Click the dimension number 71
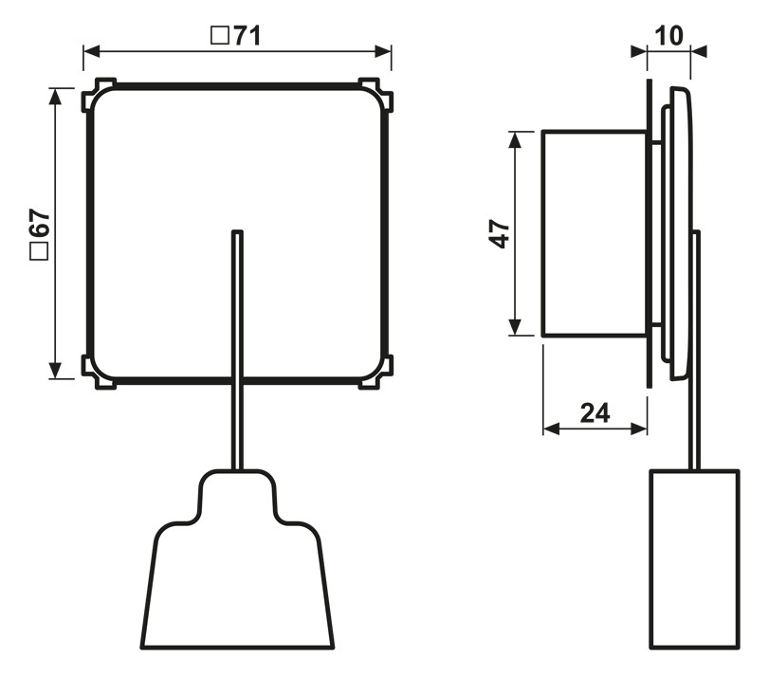247,36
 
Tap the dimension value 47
500,233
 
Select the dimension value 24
595,413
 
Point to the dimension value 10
668,36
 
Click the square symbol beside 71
220,36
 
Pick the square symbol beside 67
40,251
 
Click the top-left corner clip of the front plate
97,94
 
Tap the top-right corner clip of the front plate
376,94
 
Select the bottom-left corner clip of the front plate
97,373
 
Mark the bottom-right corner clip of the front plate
376,373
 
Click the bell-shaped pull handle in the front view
237,559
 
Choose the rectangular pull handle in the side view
694,559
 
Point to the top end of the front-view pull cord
237,231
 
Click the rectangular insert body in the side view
595,233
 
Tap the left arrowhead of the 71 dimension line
91,51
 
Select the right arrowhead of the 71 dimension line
383,51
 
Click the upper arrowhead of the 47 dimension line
515,139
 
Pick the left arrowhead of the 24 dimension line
551,429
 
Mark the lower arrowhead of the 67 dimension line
55,370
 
